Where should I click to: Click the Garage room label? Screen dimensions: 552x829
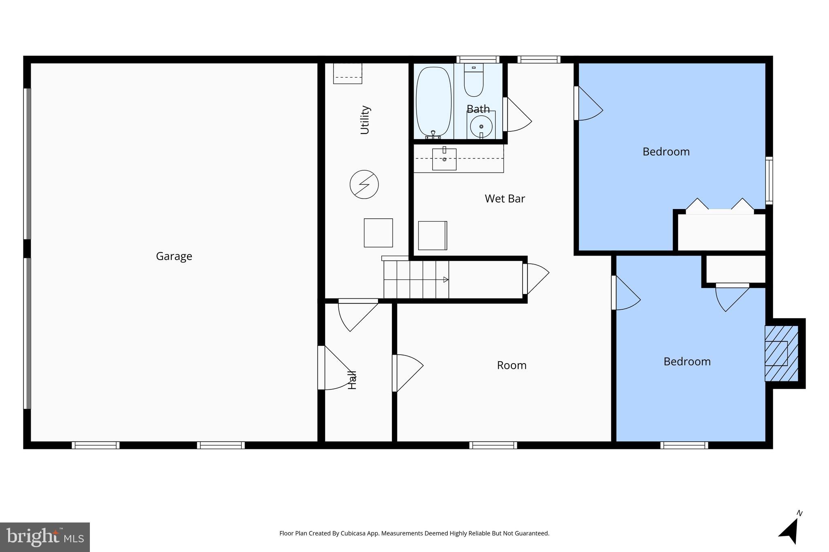pos(174,256)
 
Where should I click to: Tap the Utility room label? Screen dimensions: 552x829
pos(365,120)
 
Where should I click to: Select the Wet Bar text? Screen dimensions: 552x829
pos(505,199)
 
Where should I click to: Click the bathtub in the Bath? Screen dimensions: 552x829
pos(434,102)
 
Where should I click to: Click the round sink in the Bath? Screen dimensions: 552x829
pos(481,127)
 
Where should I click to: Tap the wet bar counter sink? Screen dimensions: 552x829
pos(444,159)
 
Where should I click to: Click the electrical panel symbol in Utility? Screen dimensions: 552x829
pos(364,184)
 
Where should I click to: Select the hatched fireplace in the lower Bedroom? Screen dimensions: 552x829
pos(781,353)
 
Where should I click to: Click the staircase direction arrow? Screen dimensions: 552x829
pos(445,279)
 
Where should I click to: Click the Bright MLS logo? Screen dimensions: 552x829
pos(45,537)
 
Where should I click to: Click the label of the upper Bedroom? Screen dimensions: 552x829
pos(666,152)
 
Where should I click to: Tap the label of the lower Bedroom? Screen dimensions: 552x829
pos(687,362)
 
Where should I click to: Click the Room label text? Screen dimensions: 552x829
pos(512,365)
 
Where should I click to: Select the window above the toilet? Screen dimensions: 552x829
pos(478,59)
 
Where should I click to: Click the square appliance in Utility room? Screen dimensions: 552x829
pos(378,233)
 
